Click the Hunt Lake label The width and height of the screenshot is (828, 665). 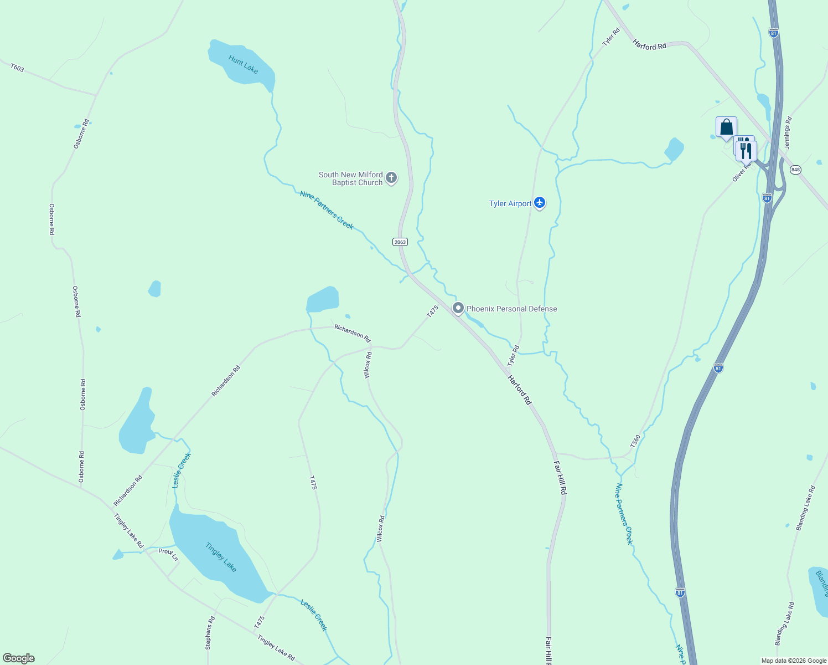tap(243, 64)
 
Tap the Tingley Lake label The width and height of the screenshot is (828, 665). tap(221, 557)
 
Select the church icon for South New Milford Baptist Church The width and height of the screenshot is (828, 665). tap(391, 178)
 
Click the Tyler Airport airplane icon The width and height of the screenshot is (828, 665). tap(540, 203)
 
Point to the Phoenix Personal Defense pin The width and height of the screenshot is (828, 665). tap(458, 308)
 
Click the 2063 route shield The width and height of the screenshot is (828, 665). tap(400, 242)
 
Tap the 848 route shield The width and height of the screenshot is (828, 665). tap(795, 170)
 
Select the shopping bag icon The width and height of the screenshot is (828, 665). tap(726, 127)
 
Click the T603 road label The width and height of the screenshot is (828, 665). tap(17, 68)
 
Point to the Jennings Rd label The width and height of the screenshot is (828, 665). tap(788, 133)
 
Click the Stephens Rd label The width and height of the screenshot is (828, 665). tap(209, 632)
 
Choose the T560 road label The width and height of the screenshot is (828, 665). tap(635, 441)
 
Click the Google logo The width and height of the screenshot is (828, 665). tap(19, 658)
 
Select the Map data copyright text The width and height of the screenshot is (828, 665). tap(794, 661)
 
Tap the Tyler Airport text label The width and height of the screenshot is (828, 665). tap(510, 203)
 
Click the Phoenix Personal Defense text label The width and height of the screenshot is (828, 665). tap(511, 309)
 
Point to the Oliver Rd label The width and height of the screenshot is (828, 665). tap(742, 172)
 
